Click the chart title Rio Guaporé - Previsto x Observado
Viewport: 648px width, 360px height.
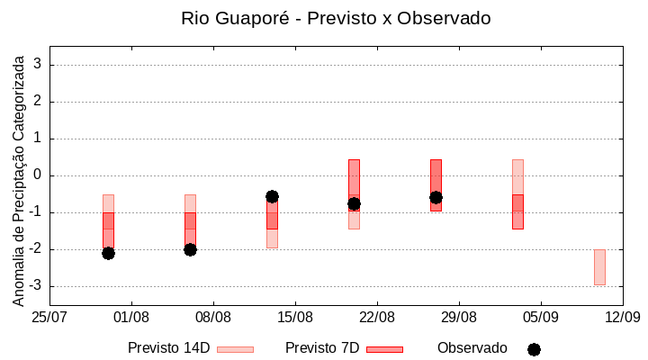[x=336, y=18]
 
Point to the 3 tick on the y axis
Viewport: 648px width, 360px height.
[x=39, y=65]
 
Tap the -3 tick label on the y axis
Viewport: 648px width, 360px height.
[x=35, y=286]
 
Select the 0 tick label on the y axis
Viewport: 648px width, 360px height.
[x=39, y=175]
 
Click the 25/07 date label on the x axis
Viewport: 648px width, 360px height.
[x=49, y=317]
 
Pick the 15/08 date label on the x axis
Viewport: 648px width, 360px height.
[x=295, y=317]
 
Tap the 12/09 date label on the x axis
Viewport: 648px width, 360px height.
[x=622, y=317]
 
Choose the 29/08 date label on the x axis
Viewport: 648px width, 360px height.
[x=459, y=317]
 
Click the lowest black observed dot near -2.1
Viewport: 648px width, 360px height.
[x=108, y=253]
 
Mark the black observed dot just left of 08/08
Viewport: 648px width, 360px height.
[x=190, y=249]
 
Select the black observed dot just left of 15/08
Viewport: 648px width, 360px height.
[x=272, y=196]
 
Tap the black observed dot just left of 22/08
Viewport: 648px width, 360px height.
[x=354, y=203]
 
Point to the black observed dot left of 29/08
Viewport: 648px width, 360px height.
[x=436, y=197]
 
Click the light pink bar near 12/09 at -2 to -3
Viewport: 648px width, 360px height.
[x=599, y=267]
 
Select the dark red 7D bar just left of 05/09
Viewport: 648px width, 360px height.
[x=517, y=211]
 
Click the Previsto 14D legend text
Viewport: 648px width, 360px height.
[x=168, y=348]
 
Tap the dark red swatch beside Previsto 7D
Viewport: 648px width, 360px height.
[x=384, y=349]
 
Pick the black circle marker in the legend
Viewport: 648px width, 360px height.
[x=534, y=349]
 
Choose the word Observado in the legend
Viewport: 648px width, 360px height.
[x=472, y=348]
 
